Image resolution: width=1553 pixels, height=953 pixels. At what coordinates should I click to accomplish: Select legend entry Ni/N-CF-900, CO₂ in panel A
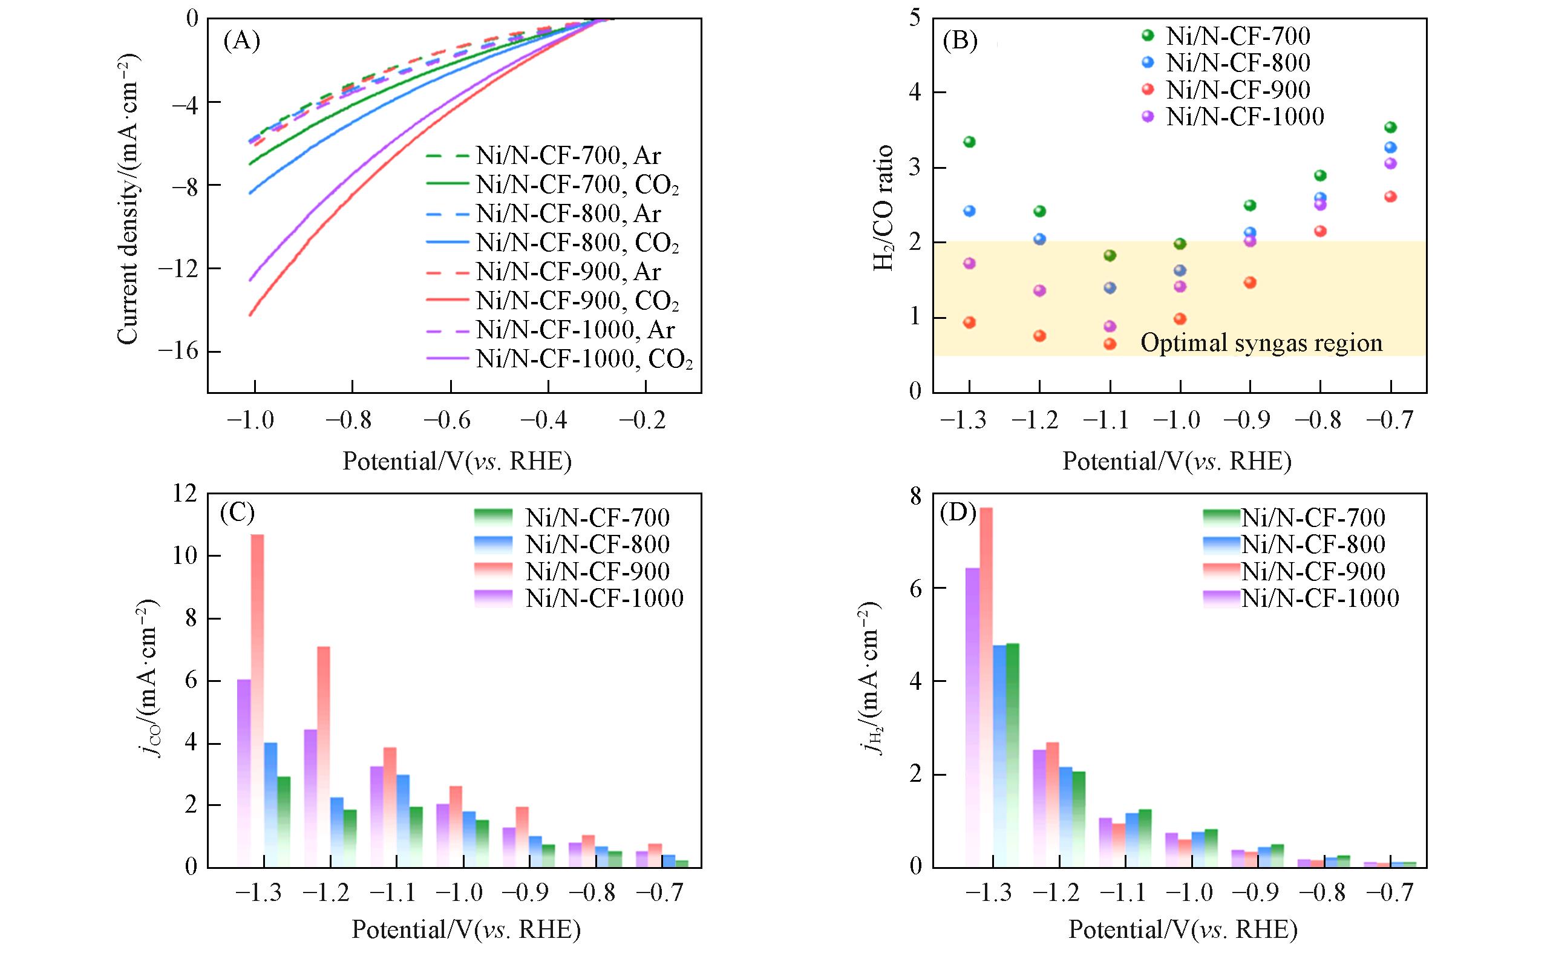(x=577, y=301)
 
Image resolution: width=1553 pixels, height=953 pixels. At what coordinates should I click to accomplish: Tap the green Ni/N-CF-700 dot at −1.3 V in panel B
(x=969, y=142)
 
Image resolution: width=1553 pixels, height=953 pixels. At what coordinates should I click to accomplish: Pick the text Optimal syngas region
(x=1261, y=344)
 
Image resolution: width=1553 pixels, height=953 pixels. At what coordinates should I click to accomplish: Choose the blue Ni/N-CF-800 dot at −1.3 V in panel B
(x=969, y=211)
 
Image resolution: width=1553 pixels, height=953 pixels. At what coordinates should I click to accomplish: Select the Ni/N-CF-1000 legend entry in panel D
(x=1319, y=598)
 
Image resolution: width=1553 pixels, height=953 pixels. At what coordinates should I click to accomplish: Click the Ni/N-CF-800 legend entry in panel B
(x=1237, y=63)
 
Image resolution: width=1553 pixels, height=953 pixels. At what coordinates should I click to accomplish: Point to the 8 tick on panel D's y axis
(x=913, y=497)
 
